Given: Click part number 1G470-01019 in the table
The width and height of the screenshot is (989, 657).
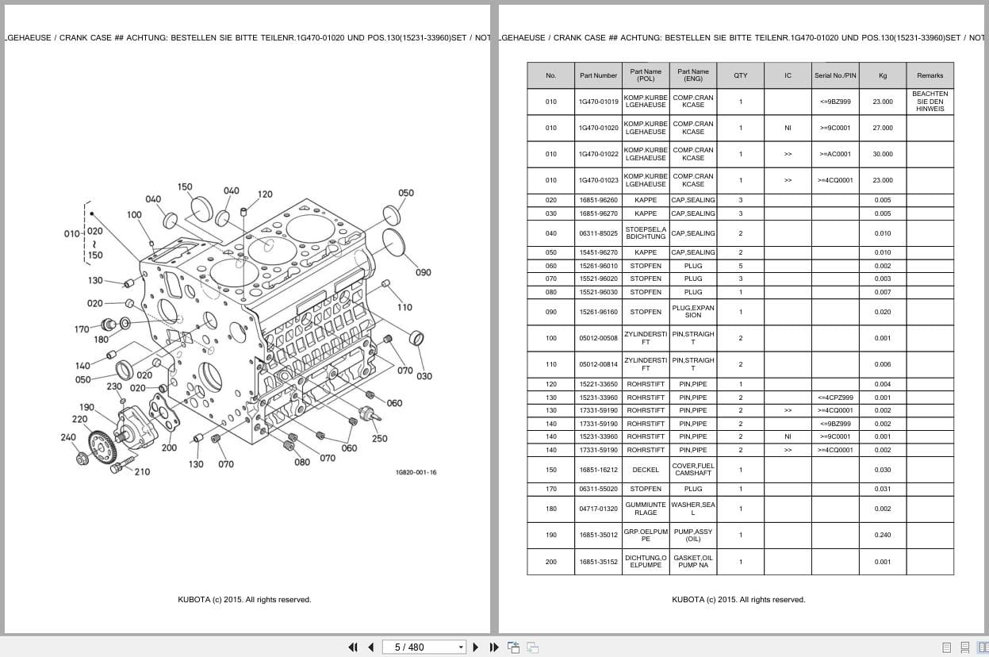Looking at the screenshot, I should pos(598,102).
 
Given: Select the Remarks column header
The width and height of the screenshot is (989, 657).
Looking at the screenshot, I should pos(930,75).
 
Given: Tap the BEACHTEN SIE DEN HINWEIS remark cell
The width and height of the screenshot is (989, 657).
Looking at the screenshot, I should pos(930,102).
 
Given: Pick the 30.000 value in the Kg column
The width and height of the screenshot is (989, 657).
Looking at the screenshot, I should pos(882,154).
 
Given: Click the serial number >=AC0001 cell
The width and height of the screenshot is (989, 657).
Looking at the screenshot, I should pos(834,154).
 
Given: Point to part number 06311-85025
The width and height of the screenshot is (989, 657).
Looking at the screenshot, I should pos(598,233).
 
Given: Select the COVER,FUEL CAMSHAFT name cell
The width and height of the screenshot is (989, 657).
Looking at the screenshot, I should pos(692,470).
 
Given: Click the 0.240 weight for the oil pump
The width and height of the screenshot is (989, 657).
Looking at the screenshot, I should pos(882,535).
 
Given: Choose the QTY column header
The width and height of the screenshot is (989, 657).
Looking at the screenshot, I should pos(740,75).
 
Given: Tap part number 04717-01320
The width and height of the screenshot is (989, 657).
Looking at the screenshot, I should pos(598,509).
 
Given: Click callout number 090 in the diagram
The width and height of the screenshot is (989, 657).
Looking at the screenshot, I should pos(423,272).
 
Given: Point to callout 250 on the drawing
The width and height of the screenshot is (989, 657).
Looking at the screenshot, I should pos(380,439).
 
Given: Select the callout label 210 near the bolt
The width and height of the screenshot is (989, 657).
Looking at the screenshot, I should pos(141,472).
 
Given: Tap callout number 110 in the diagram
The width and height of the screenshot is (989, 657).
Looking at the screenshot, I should pos(404,307).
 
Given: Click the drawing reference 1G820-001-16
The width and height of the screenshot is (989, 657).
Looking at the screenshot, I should pos(416,472).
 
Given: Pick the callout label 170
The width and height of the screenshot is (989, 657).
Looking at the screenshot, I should pos(82,329).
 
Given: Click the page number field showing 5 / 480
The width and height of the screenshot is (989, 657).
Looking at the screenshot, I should pos(424,647).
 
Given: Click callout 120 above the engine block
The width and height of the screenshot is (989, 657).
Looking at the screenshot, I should pos(265,194).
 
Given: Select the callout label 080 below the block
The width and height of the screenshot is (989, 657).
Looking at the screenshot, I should pos(302,462).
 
